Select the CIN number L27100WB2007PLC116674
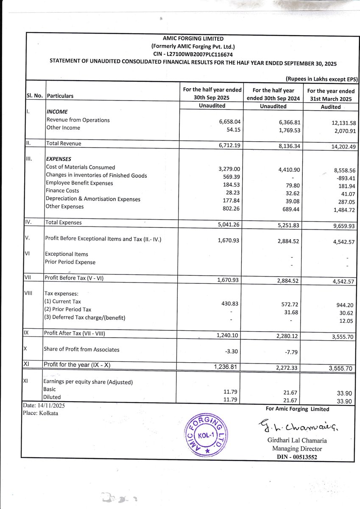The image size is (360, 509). (x=202, y=54)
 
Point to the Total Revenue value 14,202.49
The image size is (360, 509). (x=337, y=146)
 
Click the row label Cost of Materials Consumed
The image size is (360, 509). (x=81, y=168)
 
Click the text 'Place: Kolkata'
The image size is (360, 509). (x=41, y=413)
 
